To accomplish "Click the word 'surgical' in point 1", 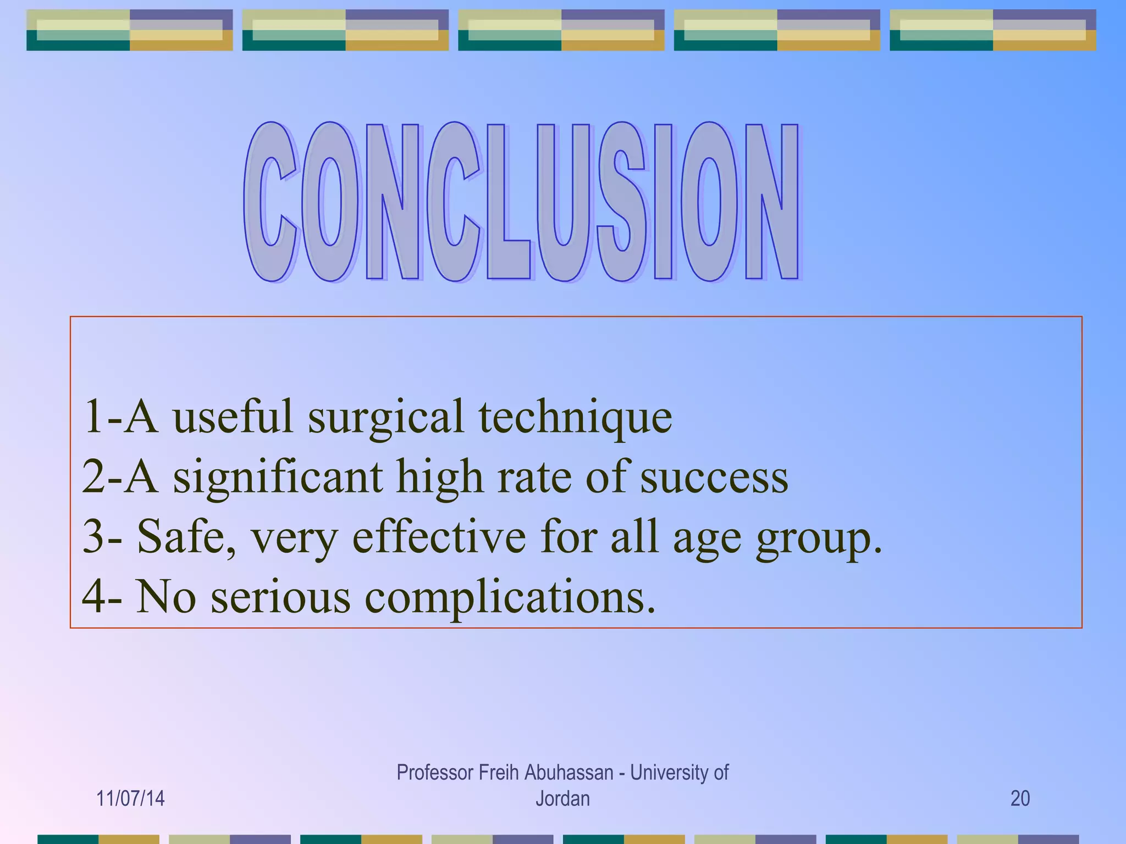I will coord(385,418).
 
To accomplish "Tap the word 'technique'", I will coord(575,418).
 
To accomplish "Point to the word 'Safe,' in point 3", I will coord(186,537).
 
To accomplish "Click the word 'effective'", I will coord(439,537).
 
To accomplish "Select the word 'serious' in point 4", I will coord(280,597).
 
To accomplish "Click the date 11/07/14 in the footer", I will coord(130,798).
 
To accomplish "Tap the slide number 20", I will coord(1020,798).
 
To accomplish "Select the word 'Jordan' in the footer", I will coord(562,798).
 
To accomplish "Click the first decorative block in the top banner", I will coord(130,30).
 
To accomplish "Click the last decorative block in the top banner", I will coord(993,30).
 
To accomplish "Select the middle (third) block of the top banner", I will coord(561,30).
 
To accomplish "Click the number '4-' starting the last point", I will coord(102,597).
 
